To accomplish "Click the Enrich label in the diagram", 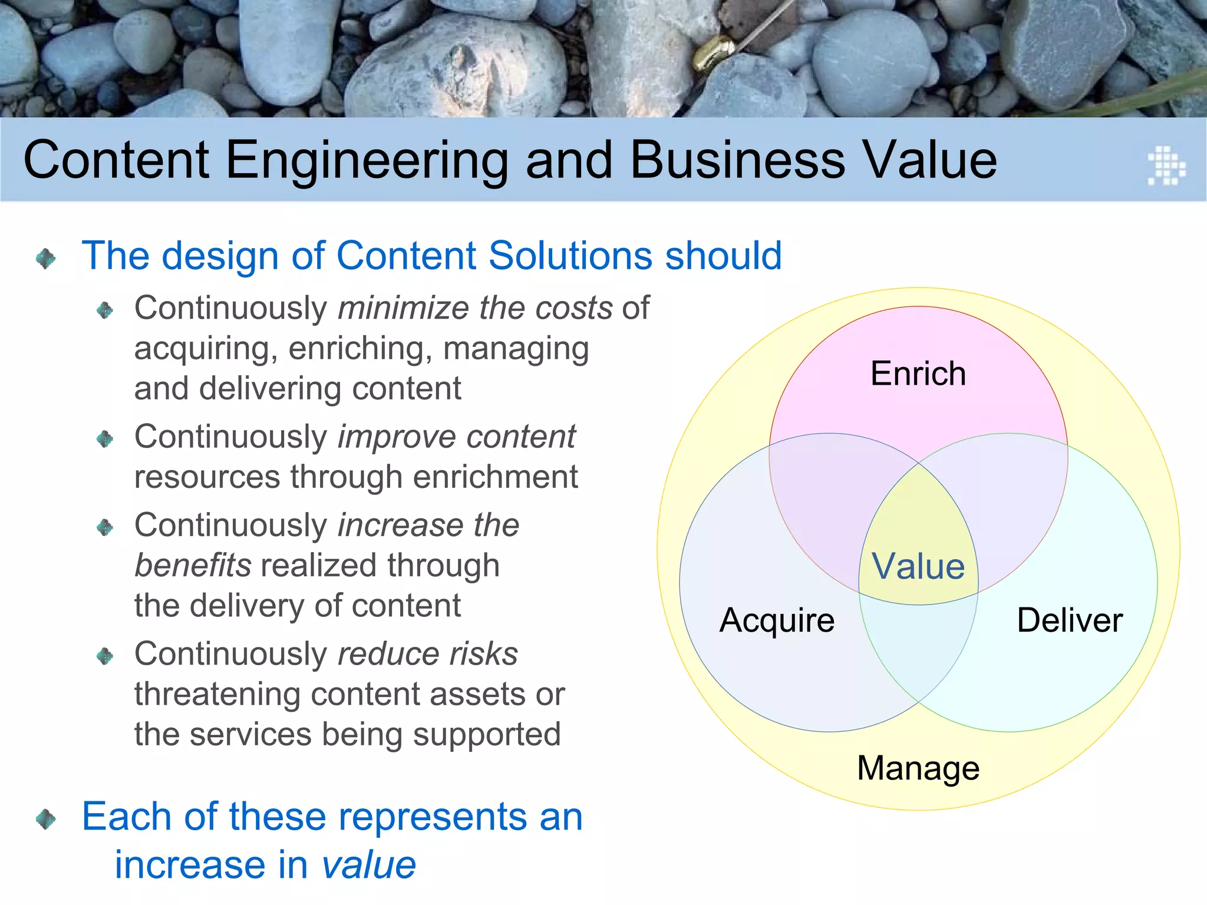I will [x=918, y=374].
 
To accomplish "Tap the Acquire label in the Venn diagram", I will [x=777, y=620].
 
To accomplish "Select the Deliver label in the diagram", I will [x=1070, y=620].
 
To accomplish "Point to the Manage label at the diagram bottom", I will [x=918, y=768].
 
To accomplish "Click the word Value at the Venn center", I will [x=918, y=567].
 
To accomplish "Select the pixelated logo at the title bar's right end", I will [x=1166, y=166].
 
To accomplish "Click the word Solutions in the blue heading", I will [x=570, y=256].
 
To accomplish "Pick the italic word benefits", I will [x=193, y=566].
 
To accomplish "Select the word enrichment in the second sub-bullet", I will [x=495, y=477].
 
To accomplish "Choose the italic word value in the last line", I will [x=368, y=865].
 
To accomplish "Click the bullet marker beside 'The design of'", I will [x=45, y=258].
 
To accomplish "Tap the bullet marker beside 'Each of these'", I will [x=45, y=818].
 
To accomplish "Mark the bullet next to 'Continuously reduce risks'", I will [x=105, y=656].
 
